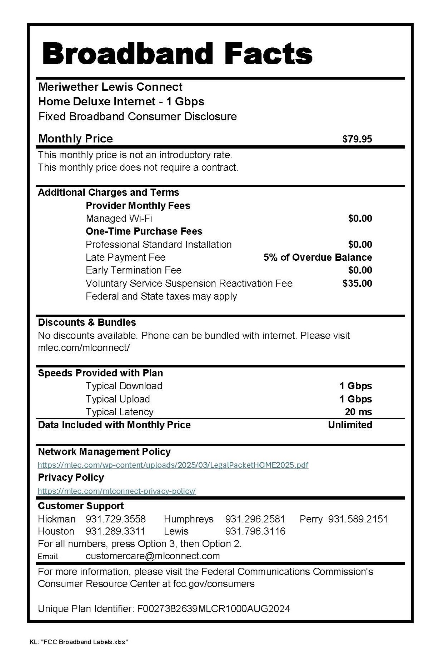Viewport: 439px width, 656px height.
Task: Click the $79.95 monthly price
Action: pos(357,139)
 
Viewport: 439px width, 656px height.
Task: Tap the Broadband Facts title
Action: pos(178,54)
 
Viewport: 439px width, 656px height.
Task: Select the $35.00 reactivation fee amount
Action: pos(357,284)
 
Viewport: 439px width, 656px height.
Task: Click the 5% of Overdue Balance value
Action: pos(318,257)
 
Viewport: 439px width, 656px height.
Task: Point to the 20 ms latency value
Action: pos(358,412)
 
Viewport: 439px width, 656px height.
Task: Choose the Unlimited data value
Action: pos(350,425)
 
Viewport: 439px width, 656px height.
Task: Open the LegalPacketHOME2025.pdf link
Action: pos(173,465)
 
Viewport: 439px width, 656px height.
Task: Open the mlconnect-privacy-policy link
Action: pos(117,491)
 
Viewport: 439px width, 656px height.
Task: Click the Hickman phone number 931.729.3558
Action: pos(115,519)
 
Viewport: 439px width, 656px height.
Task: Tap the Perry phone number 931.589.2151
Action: pos(358,519)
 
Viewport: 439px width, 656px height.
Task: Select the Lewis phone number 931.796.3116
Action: pos(255,531)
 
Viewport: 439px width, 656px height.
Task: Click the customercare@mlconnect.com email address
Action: pos(153,556)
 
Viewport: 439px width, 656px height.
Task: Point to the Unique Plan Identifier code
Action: pos(213,609)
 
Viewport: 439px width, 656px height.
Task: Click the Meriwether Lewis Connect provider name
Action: pos(110,87)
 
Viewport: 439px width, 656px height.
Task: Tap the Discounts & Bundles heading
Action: pos(87,322)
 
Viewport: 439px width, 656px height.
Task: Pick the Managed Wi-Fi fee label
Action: pos(119,219)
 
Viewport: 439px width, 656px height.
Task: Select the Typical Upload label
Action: pos(118,399)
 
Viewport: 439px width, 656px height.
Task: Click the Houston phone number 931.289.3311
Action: pos(115,531)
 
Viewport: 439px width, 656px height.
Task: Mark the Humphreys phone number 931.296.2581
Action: pos(255,519)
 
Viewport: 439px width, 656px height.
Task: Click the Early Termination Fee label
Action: pos(133,270)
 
